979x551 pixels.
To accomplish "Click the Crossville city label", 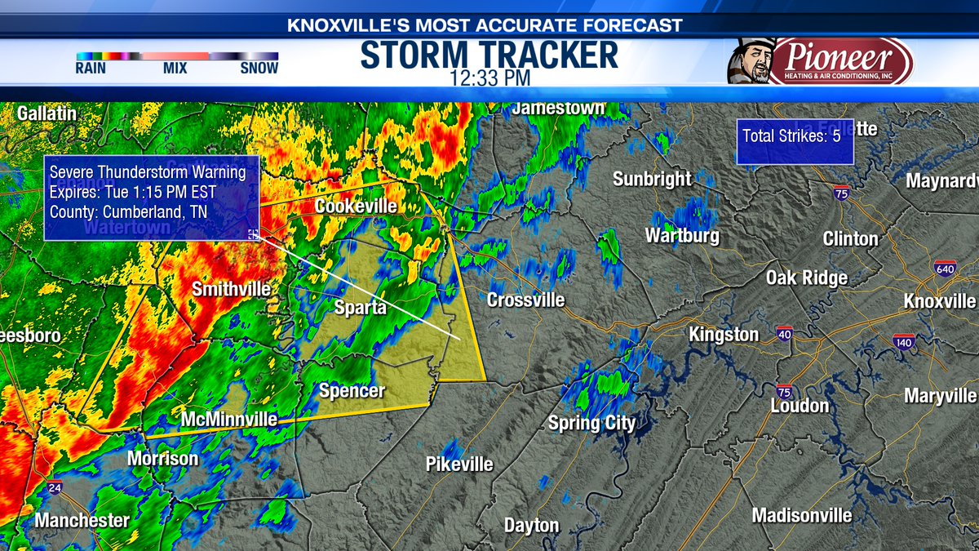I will (525, 300).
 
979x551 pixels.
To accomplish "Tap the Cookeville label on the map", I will (356, 207).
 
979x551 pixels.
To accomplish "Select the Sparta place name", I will (359, 309).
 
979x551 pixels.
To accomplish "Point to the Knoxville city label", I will (939, 301).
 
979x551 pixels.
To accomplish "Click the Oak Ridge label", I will (806, 278).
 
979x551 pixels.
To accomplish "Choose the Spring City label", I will (591, 423).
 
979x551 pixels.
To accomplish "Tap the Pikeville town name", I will (459, 464).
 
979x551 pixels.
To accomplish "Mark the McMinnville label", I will (229, 420).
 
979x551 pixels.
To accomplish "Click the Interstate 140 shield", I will (904, 341).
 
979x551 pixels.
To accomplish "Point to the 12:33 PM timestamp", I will (489, 78).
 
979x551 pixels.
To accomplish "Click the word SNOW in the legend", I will (259, 69).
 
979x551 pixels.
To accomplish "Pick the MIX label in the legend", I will (175, 69).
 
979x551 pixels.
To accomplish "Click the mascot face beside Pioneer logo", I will (750, 61).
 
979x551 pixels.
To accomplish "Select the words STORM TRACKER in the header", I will (489, 55).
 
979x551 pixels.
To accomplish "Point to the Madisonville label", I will (802, 516).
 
